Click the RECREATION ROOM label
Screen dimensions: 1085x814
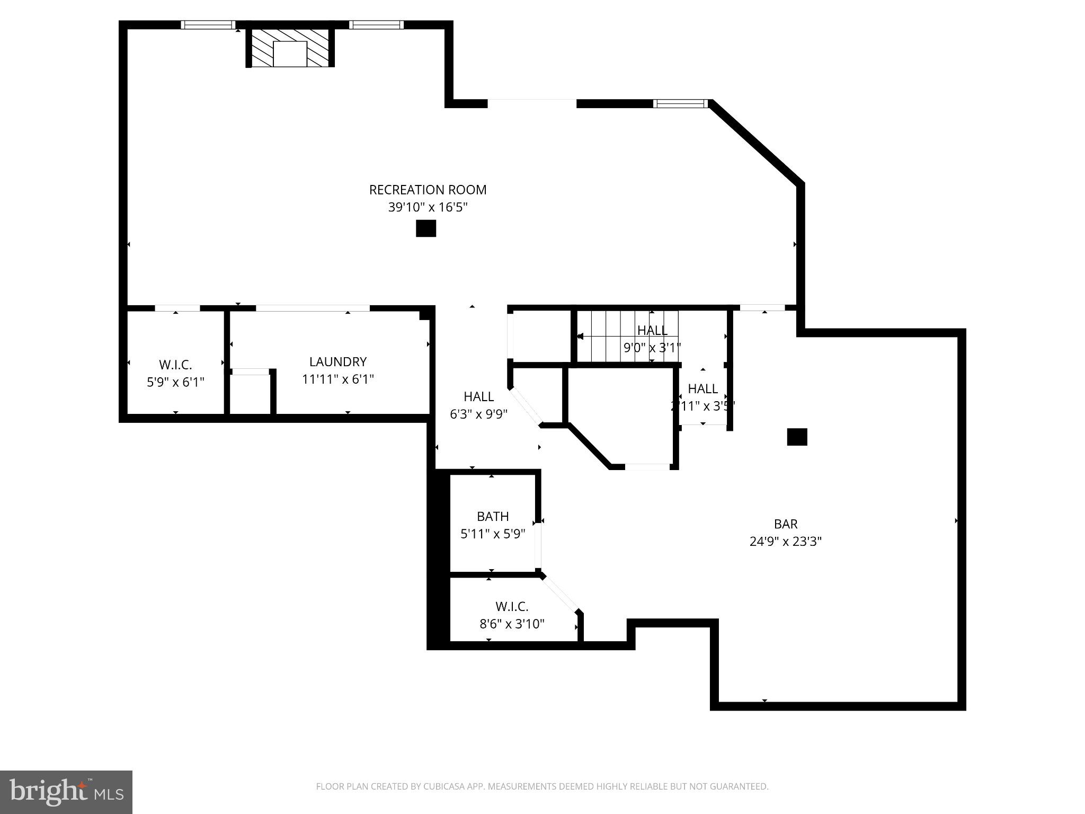[x=428, y=190]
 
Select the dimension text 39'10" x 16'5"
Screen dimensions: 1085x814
[x=428, y=207]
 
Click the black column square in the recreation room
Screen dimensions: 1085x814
[x=425, y=228]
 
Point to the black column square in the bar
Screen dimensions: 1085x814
[x=797, y=437]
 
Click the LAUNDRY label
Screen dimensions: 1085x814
[x=338, y=362]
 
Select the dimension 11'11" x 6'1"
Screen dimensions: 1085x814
[x=338, y=379]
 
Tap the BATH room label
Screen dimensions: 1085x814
[x=493, y=516]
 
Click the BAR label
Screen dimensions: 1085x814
[x=786, y=524]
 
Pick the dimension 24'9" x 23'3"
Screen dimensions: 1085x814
[x=786, y=542]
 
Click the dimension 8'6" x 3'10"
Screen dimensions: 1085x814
[x=512, y=624]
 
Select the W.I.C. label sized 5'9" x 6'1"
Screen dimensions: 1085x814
[x=175, y=365]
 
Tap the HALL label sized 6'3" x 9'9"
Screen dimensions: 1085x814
[x=478, y=396]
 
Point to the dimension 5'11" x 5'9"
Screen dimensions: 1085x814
[x=493, y=534]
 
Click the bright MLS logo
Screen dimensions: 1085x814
[x=66, y=792]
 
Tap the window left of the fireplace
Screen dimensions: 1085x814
[x=208, y=25]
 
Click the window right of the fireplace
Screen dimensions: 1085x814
[x=376, y=25]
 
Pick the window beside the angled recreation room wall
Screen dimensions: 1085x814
[x=680, y=103]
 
